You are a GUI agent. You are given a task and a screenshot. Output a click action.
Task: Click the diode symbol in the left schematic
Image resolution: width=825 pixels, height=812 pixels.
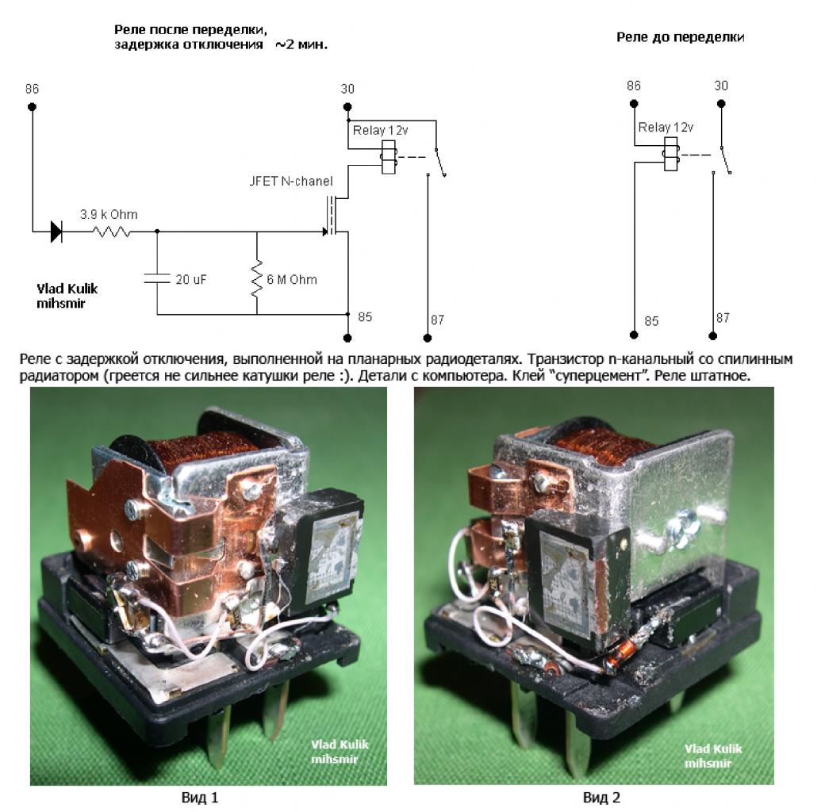(56, 232)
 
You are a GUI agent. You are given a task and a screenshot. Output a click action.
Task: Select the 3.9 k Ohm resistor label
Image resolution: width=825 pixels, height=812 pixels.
(109, 214)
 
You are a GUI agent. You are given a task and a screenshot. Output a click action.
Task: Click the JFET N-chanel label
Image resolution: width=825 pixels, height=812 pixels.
(291, 181)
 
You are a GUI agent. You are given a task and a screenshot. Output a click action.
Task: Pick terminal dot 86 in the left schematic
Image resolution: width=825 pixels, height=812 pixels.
(32, 105)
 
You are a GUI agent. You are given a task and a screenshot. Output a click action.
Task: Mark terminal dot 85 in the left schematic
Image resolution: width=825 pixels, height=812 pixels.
(347, 337)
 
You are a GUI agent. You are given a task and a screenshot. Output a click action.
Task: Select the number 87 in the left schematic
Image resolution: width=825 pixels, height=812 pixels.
(437, 320)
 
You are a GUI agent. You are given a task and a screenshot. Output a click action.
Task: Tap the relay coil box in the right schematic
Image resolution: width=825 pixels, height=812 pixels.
(670, 154)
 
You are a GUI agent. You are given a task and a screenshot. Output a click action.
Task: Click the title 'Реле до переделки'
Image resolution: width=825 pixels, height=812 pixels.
(681, 36)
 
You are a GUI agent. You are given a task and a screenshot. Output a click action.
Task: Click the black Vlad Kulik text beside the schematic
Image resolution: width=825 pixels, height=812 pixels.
(67, 289)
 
